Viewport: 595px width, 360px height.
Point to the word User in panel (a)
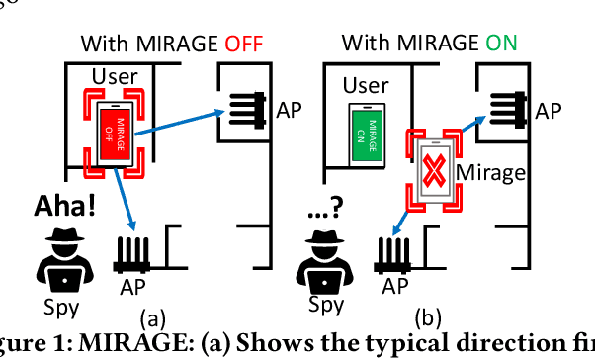(x=115, y=76)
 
